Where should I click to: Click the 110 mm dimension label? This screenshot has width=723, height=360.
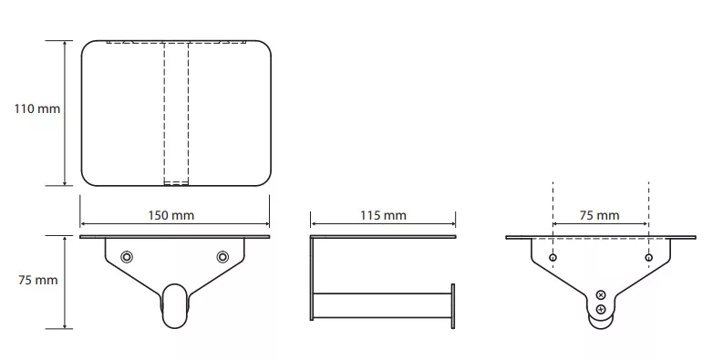click(36, 109)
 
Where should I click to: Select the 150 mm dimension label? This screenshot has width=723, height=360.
click(171, 215)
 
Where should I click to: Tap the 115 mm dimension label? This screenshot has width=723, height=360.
click(383, 215)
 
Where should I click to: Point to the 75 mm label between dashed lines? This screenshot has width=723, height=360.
click(599, 215)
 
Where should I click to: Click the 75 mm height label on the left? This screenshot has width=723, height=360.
click(37, 280)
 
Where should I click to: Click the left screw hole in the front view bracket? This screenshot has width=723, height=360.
click(127, 257)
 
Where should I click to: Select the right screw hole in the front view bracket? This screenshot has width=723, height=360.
click(222, 257)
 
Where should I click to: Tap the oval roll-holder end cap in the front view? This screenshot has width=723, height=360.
click(175, 305)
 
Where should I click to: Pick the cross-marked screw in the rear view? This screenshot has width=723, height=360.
click(601, 295)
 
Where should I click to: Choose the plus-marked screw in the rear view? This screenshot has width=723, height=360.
click(601, 309)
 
